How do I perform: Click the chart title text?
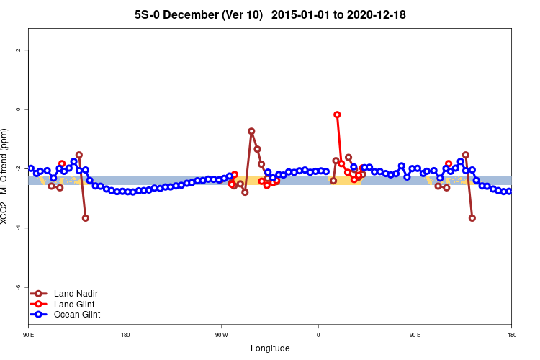pyautogui.click(x=274, y=14)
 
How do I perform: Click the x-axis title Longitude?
pyautogui.click(x=270, y=348)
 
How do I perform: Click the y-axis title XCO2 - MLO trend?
pyautogui.click(x=6, y=176)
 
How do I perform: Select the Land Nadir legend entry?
pyautogui.click(x=76, y=294)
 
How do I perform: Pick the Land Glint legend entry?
pyautogui.click(x=75, y=304)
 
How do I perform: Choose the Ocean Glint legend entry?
pyautogui.click(x=77, y=314)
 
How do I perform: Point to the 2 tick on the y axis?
pyautogui.click(x=18, y=50)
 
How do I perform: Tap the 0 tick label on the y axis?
pyautogui.click(x=18, y=109)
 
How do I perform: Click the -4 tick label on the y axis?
pyautogui.click(x=18, y=228)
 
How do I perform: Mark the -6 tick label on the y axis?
pyautogui.click(x=18, y=287)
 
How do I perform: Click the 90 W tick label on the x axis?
pyautogui.click(x=221, y=336)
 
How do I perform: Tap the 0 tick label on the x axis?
pyautogui.click(x=318, y=336)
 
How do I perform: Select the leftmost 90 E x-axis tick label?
pyautogui.click(x=29, y=336)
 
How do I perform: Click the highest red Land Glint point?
pyautogui.click(x=337, y=114)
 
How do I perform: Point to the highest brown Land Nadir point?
pyautogui.click(x=251, y=131)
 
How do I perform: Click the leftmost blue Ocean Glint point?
pyautogui.click(x=30, y=168)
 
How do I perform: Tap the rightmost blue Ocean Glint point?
pyautogui.click(x=509, y=192)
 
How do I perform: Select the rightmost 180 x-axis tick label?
pyautogui.click(x=511, y=336)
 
